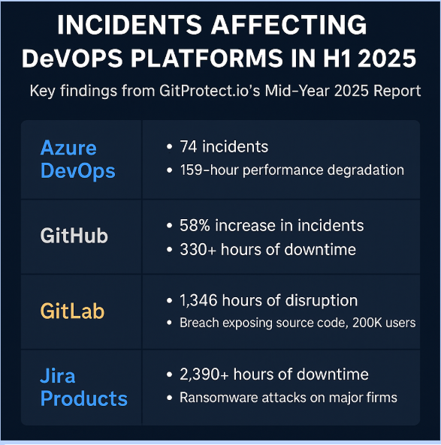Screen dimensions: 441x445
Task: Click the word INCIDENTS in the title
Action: pyautogui.click(x=129, y=25)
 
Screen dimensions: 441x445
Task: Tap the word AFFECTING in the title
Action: pyautogui.click(x=288, y=25)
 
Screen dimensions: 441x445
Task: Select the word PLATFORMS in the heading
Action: pyautogui.click(x=207, y=59)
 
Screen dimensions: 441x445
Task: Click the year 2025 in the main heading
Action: pyautogui.click(x=387, y=59)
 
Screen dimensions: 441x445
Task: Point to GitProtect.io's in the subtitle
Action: pyautogui.click(x=210, y=91)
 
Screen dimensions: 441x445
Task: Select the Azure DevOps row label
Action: pyautogui.click(x=77, y=159)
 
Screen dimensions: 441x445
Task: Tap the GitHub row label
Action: pyautogui.click(x=74, y=236)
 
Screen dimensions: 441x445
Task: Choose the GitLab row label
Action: pyautogui.click(x=72, y=311)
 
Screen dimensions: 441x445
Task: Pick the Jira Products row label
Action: pyautogui.click(x=84, y=387)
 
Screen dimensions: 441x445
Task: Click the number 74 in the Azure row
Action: pyautogui.click(x=189, y=147)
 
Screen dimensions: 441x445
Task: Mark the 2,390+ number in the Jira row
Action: pyautogui.click(x=204, y=374)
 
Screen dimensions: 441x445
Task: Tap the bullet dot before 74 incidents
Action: pyautogui.click(x=170, y=147)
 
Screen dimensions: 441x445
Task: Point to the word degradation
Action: pyautogui.click(x=365, y=170)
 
